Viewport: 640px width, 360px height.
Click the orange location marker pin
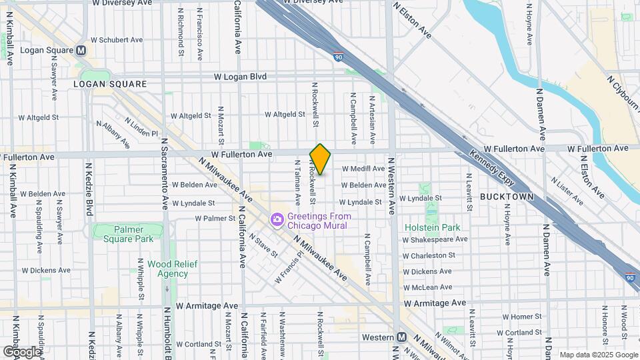tap(320, 159)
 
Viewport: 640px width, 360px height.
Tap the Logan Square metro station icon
tap(81, 50)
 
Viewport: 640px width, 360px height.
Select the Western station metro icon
tap(401, 337)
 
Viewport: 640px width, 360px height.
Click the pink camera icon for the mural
tap(277, 219)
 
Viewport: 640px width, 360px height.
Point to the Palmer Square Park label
tap(127, 234)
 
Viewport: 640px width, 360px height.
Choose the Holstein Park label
tap(432, 227)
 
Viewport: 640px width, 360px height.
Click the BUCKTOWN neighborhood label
tap(507, 197)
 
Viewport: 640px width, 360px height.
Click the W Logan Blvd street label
tap(240, 77)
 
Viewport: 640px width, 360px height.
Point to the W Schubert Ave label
tap(117, 40)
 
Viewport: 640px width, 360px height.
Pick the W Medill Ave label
tap(363, 169)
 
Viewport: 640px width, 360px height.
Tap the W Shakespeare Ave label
tap(436, 239)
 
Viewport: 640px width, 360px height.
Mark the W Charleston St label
tap(429, 255)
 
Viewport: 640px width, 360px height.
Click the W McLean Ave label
tap(428, 287)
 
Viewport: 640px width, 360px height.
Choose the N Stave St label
tap(263, 244)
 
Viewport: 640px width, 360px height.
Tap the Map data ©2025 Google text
tap(597, 355)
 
